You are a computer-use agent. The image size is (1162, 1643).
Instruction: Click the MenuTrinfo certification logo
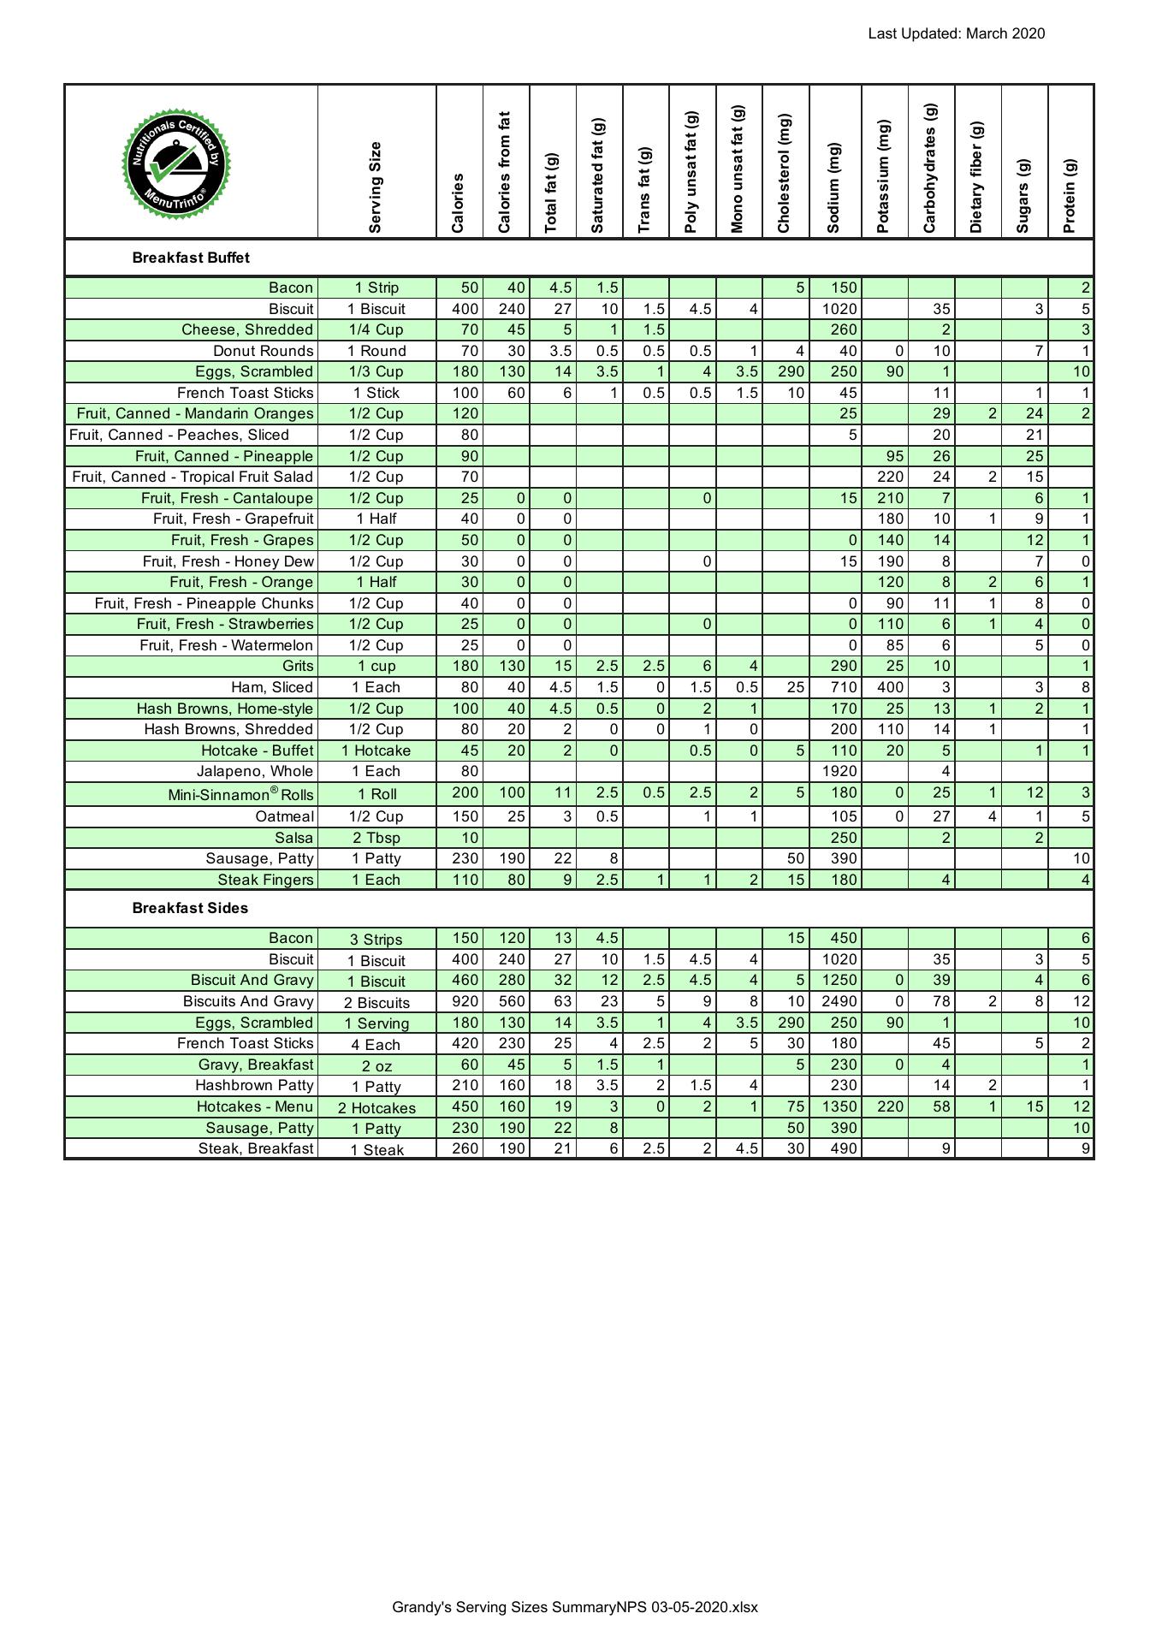[x=176, y=163]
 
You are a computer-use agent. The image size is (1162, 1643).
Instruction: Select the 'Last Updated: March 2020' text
[x=956, y=34]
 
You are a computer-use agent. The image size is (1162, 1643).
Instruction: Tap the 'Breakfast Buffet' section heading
[x=191, y=258]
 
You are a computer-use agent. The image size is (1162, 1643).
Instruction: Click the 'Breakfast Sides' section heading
[x=190, y=908]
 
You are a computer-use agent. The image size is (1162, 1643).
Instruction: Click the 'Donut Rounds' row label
[x=263, y=351]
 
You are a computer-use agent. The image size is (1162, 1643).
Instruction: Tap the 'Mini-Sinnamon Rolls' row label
[x=240, y=794]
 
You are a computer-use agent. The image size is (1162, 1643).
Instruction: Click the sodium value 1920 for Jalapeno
[x=839, y=771]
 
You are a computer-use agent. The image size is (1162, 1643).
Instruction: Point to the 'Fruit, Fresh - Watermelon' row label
[x=226, y=645]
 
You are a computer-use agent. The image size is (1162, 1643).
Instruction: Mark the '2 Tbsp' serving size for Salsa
[x=376, y=838]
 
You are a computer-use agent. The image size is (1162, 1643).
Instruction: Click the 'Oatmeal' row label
[x=284, y=816]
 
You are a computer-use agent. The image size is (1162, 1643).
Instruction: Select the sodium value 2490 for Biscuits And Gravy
[x=839, y=1001]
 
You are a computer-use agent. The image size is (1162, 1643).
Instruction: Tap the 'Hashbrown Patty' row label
[x=254, y=1085]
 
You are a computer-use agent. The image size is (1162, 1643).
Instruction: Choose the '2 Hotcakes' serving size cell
[x=376, y=1107]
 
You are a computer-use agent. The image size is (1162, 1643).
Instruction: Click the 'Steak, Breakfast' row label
[x=256, y=1148]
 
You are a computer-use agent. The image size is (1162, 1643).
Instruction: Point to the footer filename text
[x=575, y=1607]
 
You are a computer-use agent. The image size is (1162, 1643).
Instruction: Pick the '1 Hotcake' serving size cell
[x=376, y=750]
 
